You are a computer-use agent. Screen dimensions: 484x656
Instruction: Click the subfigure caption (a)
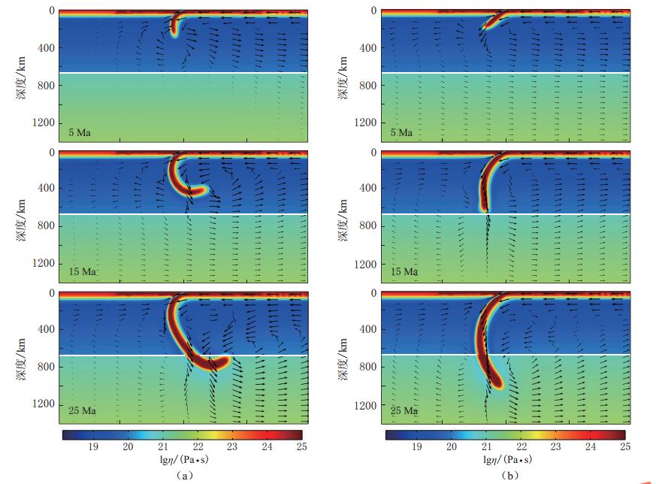(x=183, y=474)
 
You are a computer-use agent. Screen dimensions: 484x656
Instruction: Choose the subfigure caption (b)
(x=505, y=474)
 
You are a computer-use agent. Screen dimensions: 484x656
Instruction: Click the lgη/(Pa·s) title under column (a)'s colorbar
(x=183, y=460)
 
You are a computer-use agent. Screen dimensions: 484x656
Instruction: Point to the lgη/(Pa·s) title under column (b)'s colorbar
(x=505, y=460)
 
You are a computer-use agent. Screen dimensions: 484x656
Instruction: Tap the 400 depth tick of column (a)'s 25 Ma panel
(x=43, y=329)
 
